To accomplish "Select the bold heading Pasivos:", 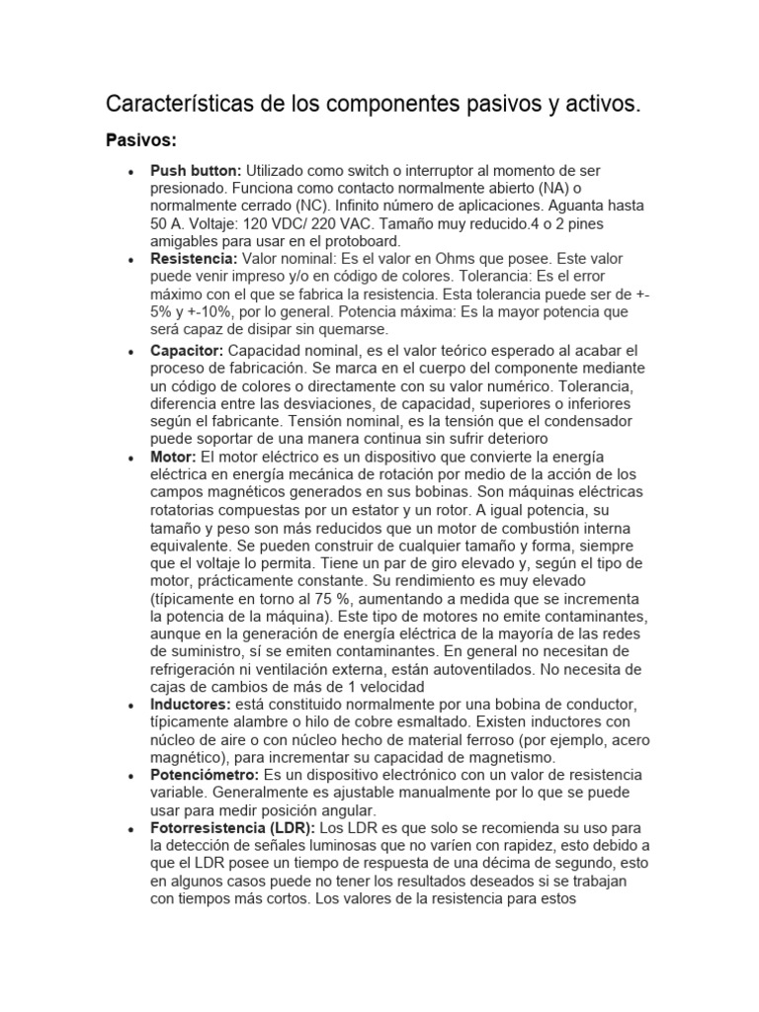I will (x=140, y=140).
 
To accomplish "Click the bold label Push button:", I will (x=196, y=171).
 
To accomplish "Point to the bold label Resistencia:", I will (x=194, y=258).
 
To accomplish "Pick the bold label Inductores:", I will (x=191, y=704).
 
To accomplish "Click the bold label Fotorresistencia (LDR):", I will (x=232, y=827).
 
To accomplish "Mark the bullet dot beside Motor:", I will (x=130, y=458).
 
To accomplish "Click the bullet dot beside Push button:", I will (x=130, y=172).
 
